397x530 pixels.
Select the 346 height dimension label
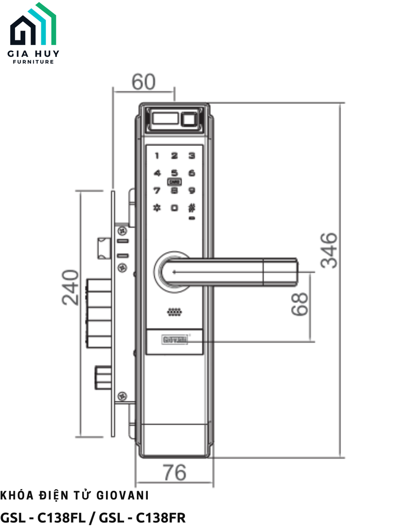point(329,250)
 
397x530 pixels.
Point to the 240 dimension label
point(71,287)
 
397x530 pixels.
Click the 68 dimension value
point(300,304)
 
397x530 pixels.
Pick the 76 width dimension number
point(174,473)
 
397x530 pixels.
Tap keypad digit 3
point(192,155)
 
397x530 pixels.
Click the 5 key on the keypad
point(175,173)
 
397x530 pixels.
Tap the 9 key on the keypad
point(192,190)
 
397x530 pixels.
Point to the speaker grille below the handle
point(175,313)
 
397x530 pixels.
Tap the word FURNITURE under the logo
point(34,62)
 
